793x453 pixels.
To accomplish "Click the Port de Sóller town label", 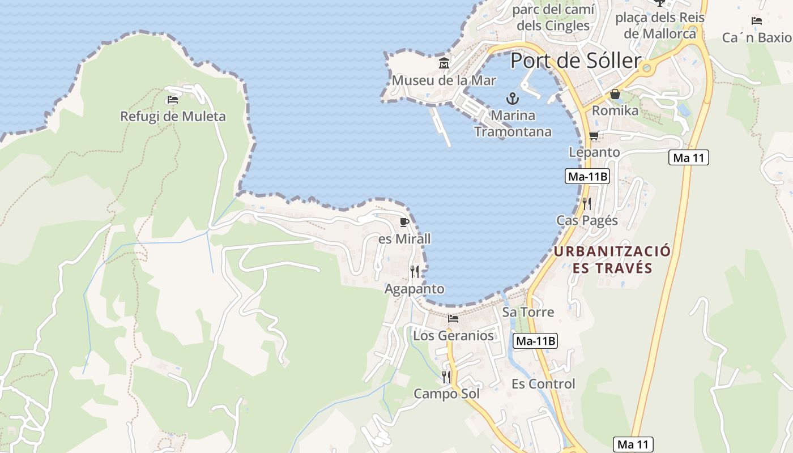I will [x=575, y=61].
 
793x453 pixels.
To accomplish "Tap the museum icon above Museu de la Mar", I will [x=444, y=63].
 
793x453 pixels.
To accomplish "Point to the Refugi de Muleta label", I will [x=173, y=117].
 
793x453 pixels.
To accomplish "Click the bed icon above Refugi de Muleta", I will [x=173, y=100].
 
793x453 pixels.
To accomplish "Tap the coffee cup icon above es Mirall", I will [x=404, y=221].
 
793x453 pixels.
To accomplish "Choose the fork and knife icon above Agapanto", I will [x=415, y=272].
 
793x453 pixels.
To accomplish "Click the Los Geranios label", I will [x=453, y=335].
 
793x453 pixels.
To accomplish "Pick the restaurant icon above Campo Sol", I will [x=446, y=377].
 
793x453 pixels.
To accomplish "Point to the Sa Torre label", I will [x=528, y=312].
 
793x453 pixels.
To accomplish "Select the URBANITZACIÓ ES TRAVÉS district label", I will [x=612, y=259].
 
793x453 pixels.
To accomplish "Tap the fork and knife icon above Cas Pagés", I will [x=587, y=204].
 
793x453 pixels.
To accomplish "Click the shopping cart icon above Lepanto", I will [x=594, y=135].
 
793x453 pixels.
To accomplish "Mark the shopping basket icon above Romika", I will [x=615, y=94].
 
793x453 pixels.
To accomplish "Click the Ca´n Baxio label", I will [x=757, y=37].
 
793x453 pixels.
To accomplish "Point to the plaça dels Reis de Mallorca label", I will [x=660, y=25].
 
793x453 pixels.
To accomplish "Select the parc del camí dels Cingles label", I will [x=553, y=18].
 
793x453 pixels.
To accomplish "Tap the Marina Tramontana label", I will [x=513, y=123].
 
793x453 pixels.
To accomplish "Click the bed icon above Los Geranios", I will [x=453, y=319].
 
